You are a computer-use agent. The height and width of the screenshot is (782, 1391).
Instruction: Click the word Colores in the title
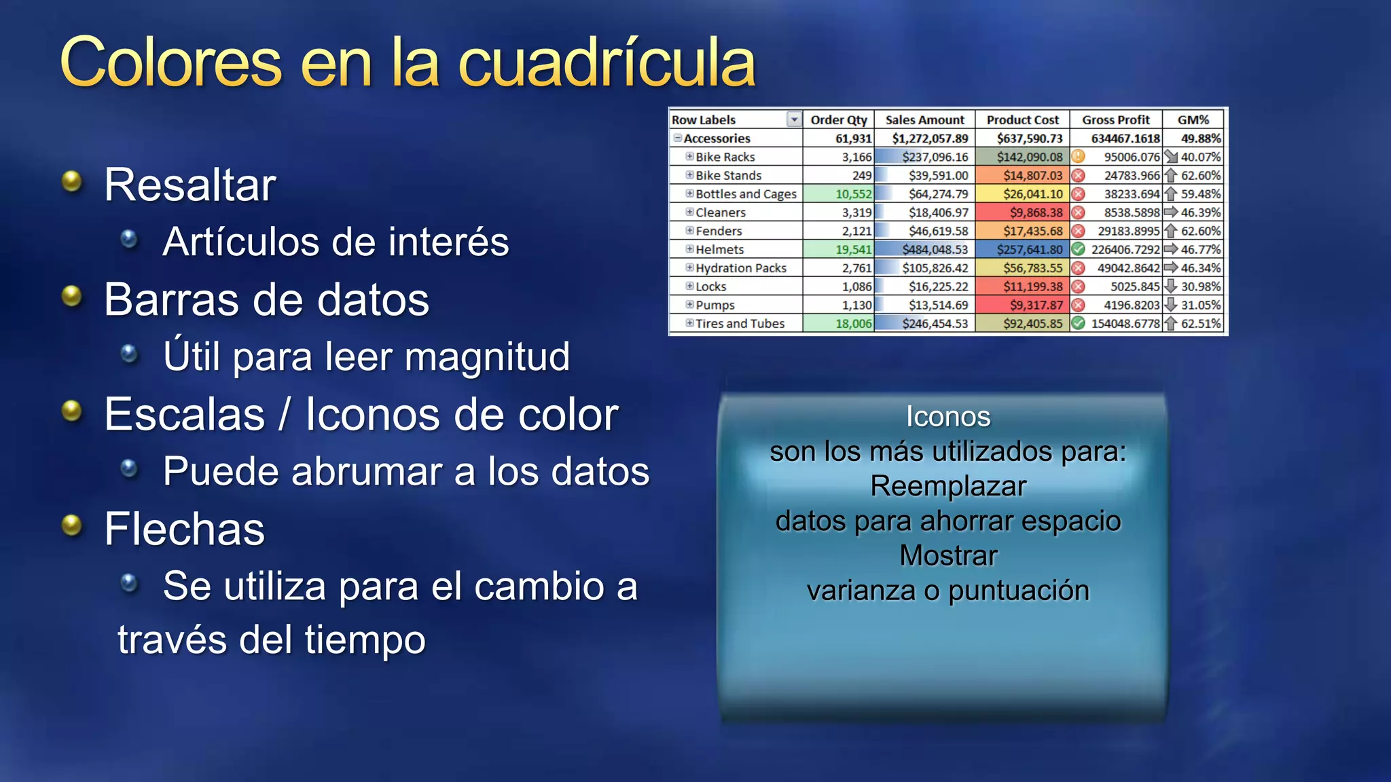click(170, 62)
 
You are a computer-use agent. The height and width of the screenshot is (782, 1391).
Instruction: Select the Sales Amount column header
click(924, 120)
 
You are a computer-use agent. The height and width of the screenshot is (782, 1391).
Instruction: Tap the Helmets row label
click(719, 250)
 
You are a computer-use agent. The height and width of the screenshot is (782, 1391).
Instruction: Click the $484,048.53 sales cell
click(935, 250)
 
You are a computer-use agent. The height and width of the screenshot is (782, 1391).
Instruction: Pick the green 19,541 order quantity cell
click(853, 250)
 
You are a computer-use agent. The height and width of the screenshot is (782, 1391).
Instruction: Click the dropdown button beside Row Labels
click(793, 120)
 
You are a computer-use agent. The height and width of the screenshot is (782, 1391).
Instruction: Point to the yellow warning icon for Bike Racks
click(1078, 157)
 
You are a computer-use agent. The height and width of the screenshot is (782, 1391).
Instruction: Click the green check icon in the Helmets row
click(1078, 250)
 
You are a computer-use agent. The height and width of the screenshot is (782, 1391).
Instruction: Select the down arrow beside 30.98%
click(1170, 286)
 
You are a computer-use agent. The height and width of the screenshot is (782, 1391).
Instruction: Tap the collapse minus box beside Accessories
click(677, 138)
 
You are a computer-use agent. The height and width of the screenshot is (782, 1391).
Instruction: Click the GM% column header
click(1193, 120)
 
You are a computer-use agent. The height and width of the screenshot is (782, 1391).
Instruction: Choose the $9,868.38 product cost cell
click(1036, 212)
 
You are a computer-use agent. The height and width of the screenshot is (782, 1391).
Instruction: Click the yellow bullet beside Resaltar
click(71, 181)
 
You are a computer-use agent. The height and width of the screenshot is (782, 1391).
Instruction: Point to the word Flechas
click(184, 529)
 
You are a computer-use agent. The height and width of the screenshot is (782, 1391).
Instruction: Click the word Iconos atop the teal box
click(948, 417)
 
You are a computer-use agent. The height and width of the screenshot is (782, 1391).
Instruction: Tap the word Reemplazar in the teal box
click(948, 487)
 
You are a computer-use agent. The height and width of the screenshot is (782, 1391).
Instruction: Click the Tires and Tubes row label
click(740, 324)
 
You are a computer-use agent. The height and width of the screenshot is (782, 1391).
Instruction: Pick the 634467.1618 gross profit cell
click(1125, 138)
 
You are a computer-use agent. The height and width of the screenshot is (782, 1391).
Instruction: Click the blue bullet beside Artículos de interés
click(129, 239)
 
